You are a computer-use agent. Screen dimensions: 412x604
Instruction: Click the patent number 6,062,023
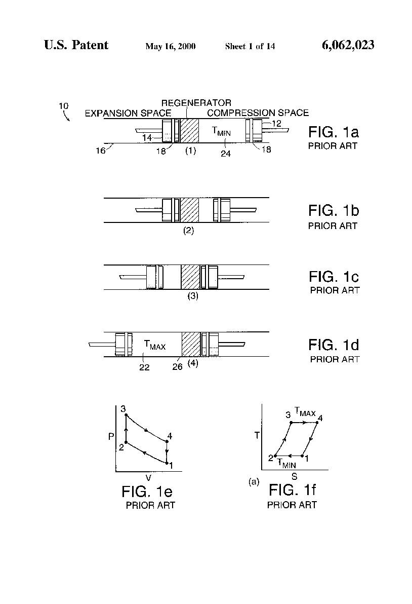pyautogui.click(x=348, y=45)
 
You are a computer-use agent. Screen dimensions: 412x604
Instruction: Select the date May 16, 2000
pyautogui.click(x=171, y=47)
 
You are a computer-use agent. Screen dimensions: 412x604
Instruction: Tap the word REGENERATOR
pyautogui.click(x=196, y=103)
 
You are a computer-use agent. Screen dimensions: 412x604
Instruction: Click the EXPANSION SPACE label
pyautogui.click(x=128, y=114)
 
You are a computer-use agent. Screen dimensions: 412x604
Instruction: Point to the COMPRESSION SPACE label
pyautogui.click(x=258, y=113)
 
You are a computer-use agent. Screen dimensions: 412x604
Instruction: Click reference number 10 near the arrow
pyautogui.click(x=63, y=105)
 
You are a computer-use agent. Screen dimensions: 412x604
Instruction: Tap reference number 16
pyautogui.click(x=100, y=150)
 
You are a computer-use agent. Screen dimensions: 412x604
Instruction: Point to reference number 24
pyautogui.click(x=226, y=154)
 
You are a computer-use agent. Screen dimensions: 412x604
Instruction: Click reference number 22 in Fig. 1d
pyautogui.click(x=144, y=367)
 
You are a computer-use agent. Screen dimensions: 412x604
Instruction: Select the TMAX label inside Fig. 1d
pyautogui.click(x=155, y=345)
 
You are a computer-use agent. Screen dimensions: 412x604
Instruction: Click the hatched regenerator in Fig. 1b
pyautogui.click(x=190, y=210)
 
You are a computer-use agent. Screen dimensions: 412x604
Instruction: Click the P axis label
pyautogui.click(x=111, y=437)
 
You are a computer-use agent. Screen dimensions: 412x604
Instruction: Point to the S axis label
pyautogui.click(x=294, y=476)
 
